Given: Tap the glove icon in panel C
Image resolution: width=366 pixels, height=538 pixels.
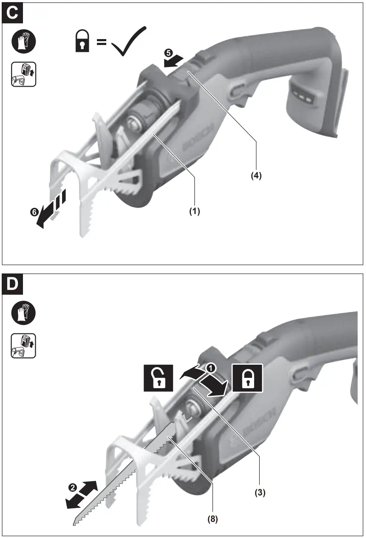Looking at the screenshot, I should coord(23,42).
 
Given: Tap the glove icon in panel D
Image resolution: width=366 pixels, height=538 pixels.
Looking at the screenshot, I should coord(23,314).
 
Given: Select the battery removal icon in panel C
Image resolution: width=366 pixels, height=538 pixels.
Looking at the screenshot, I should coord(23,74).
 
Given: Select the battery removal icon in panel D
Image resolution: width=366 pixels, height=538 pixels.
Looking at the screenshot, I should coord(23,346).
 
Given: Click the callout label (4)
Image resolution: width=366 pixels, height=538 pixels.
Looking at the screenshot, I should coord(256,175).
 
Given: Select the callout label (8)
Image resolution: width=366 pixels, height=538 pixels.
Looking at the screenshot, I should coord(213,518).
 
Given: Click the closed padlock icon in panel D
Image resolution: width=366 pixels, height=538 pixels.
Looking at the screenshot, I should coord(247,377).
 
